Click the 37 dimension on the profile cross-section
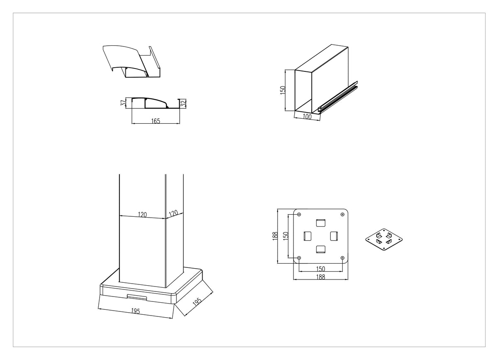click(123, 103)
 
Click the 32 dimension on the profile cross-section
click(183, 103)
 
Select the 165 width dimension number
click(156, 121)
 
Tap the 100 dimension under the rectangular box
click(307, 116)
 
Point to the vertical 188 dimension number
click(275, 236)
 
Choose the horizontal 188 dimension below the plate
click(320, 277)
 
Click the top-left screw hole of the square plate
click(299, 214)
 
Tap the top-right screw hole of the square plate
click(342, 214)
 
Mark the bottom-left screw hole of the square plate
click(299, 258)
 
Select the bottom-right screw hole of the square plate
click(342, 258)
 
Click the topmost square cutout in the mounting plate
click(320, 223)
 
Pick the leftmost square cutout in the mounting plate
click(308, 236)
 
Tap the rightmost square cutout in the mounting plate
click(334, 236)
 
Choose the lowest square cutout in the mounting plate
click(320, 250)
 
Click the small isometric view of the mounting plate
click(384, 240)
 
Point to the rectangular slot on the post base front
click(137, 297)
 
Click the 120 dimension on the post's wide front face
click(142, 215)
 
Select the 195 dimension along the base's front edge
click(135, 311)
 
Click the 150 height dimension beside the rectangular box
click(283, 90)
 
